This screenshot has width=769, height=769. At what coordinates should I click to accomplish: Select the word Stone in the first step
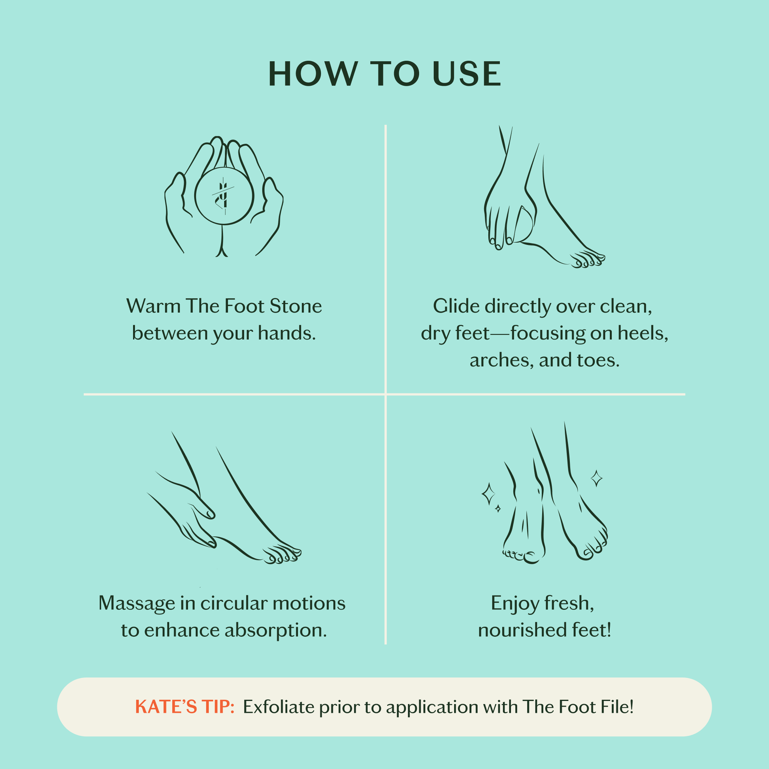296,307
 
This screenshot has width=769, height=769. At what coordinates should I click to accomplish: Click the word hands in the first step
286,333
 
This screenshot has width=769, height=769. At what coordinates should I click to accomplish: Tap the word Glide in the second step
456,307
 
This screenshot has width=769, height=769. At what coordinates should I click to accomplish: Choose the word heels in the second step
642,333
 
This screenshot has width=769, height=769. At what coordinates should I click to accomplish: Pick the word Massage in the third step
137,603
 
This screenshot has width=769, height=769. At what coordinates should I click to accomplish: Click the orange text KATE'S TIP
185,707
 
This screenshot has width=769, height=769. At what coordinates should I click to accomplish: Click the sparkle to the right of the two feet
596,479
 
